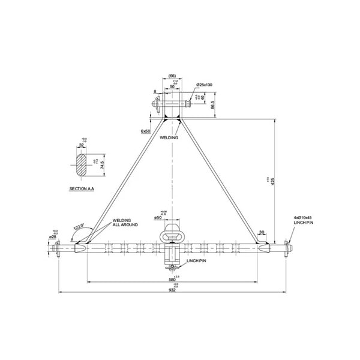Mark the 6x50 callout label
point(145,130)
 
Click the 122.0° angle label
point(78,227)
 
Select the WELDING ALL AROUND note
point(125,223)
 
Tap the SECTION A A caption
point(82,188)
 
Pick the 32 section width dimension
point(81,145)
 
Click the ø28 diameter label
point(52,237)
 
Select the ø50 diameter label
point(158,217)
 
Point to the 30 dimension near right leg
point(261,232)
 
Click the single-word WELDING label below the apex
point(169,137)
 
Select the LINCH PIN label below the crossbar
point(196,262)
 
